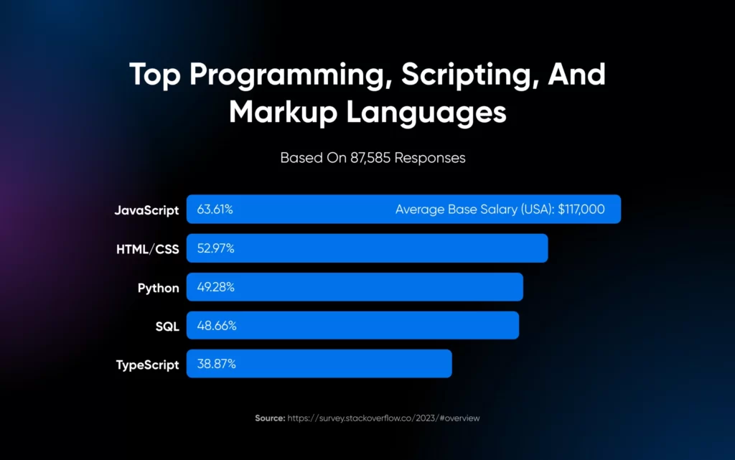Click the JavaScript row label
coord(146,210)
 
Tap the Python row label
coord(159,288)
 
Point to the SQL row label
coord(167,326)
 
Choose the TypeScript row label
coord(148,365)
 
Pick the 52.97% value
coord(215,249)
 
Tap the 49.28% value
coord(215,288)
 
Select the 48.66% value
coord(216,326)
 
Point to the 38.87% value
coord(216,365)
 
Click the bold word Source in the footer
coord(268,418)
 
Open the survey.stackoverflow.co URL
coord(383,418)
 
